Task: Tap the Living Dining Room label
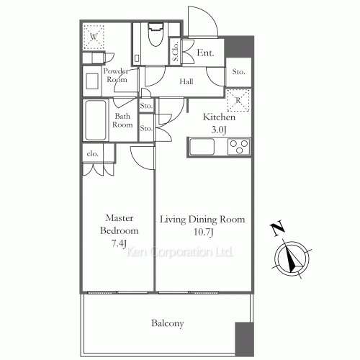(202, 219)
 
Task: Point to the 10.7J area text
(202, 232)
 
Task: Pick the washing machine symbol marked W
(94, 36)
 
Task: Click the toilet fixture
(155, 37)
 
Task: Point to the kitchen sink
(202, 148)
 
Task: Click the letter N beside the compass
(277, 229)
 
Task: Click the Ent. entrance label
(205, 52)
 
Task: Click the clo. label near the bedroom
(93, 153)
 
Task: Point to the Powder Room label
(115, 75)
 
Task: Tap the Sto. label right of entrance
(238, 72)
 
